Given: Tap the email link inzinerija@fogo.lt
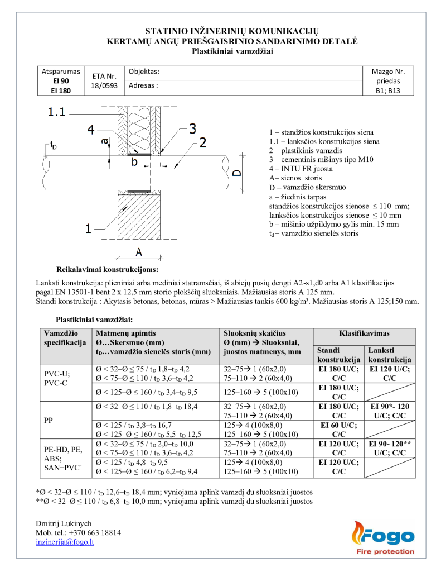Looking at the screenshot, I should [65, 542].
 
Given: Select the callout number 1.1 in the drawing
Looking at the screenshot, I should [57, 112].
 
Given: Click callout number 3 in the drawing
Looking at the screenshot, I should [192, 129].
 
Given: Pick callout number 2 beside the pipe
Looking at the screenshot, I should [203, 143].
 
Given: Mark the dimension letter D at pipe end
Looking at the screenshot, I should [237, 172].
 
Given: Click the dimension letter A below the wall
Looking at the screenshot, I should [138, 252].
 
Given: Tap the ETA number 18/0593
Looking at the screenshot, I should [104, 86].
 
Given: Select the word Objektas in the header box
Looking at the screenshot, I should [144, 72].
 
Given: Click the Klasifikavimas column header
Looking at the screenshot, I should [364, 333].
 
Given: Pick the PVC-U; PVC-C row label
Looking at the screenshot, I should [56, 378].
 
